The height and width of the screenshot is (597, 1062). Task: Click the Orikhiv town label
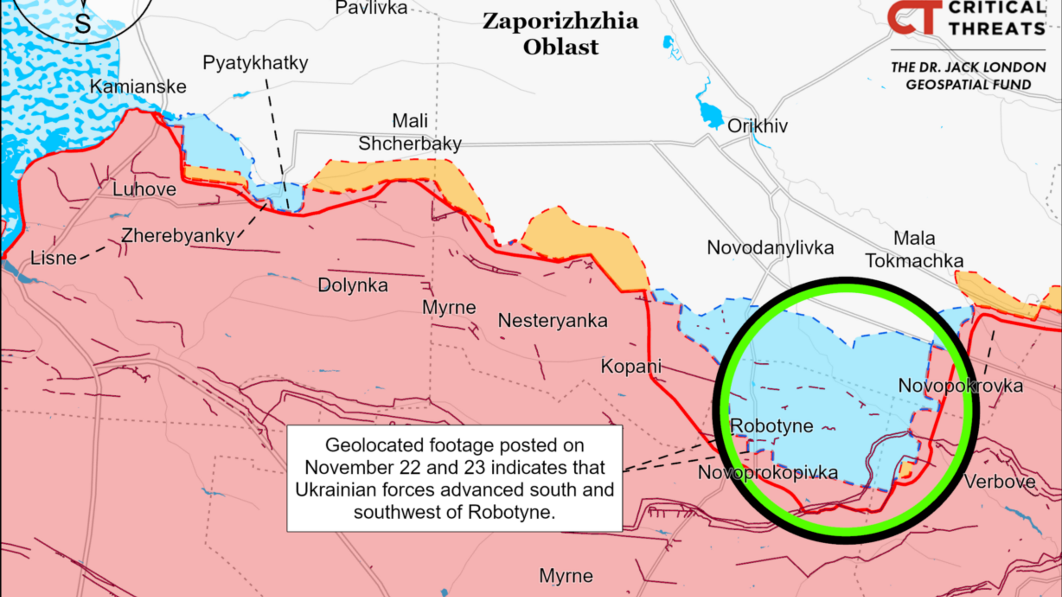click(757, 126)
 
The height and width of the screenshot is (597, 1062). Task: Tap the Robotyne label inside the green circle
click(771, 426)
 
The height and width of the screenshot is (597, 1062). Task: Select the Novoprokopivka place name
click(768, 472)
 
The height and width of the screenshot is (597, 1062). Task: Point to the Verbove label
click(1000, 482)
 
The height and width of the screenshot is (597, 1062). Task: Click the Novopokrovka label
click(960, 386)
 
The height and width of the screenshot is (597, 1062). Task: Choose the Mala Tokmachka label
click(914, 249)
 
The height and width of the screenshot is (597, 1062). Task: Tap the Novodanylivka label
click(770, 247)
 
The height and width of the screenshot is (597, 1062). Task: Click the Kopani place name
click(631, 366)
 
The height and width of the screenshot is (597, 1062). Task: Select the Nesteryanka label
click(553, 321)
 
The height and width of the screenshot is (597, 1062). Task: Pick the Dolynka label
click(353, 285)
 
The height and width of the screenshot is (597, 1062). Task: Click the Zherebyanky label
click(178, 236)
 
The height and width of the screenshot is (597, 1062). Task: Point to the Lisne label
click(53, 258)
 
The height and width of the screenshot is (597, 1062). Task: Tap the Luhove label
click(144, 189)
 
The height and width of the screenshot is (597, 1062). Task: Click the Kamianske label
click(138, 87)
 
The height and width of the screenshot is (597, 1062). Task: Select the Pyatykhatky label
click(255, 63)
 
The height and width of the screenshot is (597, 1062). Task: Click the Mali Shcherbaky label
click(410, 132)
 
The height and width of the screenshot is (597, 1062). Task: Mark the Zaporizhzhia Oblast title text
click(561, 34)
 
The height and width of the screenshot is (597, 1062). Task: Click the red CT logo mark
click(914, 17)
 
